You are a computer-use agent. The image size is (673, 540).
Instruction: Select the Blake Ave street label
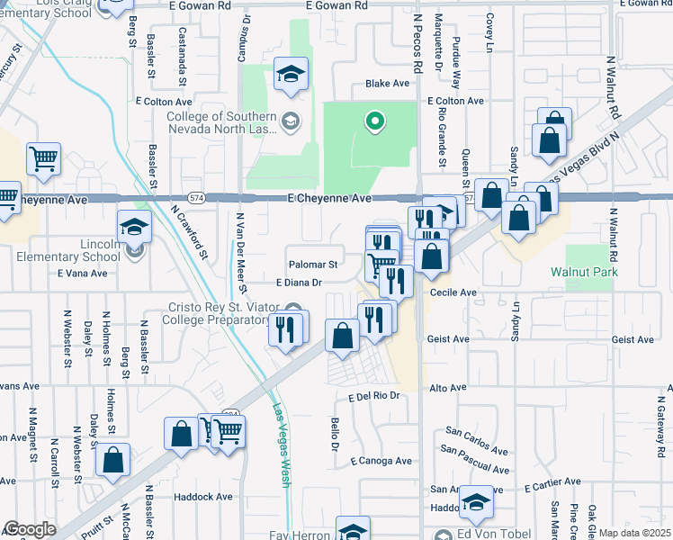(x=387, y=83)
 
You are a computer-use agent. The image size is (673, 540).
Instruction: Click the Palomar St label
(x=313, y=265)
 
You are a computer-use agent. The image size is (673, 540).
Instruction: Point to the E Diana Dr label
(x=299, y=282)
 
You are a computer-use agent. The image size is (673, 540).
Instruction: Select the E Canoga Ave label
(x=381, y=461)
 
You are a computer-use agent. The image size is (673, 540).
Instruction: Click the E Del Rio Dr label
(x=372, y=395)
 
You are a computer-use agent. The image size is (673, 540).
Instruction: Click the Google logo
(x=30, y=529)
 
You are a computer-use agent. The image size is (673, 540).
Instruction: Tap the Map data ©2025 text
(x=635, y=533)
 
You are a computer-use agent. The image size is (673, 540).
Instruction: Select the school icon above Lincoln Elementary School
(x=133, y=227)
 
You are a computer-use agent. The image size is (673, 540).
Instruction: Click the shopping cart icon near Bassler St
(x=44, y=159)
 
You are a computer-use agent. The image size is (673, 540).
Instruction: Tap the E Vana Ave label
(x=82, y=273)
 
